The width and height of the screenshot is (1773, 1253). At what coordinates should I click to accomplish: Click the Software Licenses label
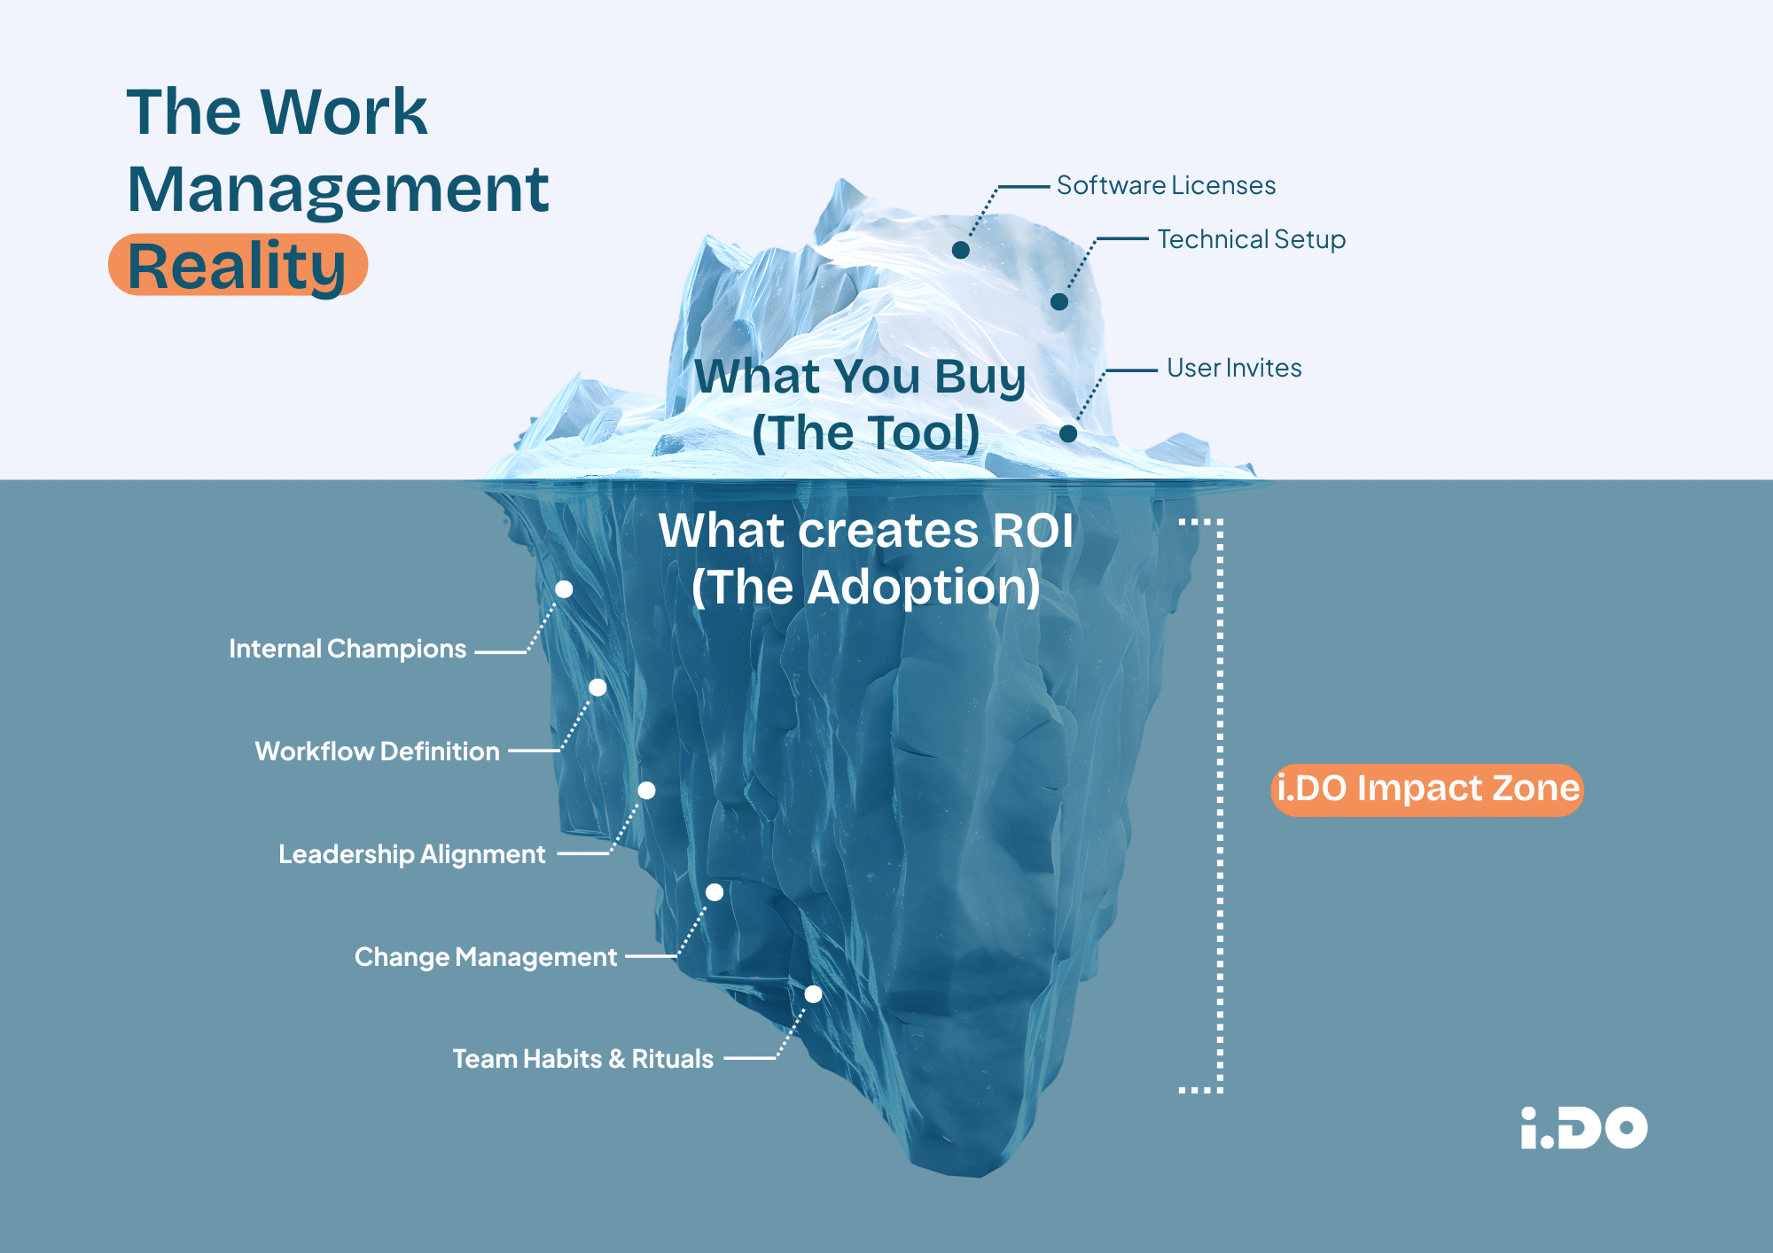pos(1166,185)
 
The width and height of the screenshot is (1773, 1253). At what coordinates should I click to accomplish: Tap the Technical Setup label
pos(1251,239)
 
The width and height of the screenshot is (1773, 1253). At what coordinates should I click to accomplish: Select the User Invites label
pos(1234,368)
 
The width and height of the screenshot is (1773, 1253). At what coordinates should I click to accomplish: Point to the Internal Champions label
pos(348,649)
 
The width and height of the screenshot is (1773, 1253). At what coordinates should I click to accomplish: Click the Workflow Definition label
pos(378,751)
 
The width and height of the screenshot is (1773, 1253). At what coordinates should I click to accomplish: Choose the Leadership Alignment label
pos(412,854)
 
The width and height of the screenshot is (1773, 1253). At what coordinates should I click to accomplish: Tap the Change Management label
pos(486,957)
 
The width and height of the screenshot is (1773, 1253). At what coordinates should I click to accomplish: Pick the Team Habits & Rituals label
pos(583,1059)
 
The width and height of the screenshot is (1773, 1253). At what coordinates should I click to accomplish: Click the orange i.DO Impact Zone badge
pos(1427,789)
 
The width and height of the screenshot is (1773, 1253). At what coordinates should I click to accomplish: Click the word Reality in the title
pos(237,266)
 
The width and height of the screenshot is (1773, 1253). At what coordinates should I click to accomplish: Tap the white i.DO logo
pos(1583,1128)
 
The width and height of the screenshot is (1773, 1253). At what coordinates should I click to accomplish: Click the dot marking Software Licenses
pos(960,251)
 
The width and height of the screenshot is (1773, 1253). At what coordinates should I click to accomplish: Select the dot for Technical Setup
pos(1059,302)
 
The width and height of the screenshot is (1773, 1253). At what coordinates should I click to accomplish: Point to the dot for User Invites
pos(1068,433)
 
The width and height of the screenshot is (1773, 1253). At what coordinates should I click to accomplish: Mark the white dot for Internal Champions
pos(564,589)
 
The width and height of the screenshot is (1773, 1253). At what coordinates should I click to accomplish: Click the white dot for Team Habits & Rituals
pos(813,994)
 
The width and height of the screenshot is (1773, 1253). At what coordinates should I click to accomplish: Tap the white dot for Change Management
pos(715,892)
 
